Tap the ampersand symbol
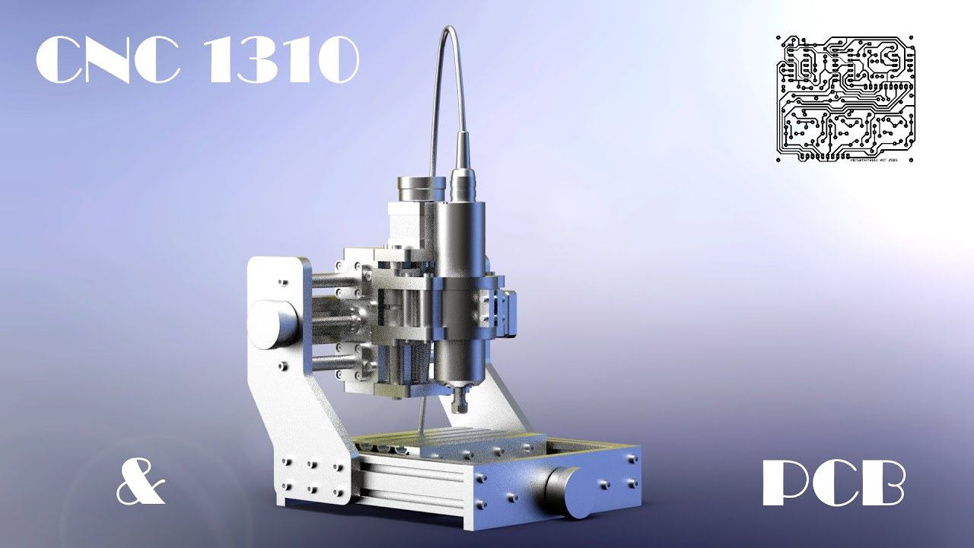coord(141,483)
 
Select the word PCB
coord(833,483)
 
